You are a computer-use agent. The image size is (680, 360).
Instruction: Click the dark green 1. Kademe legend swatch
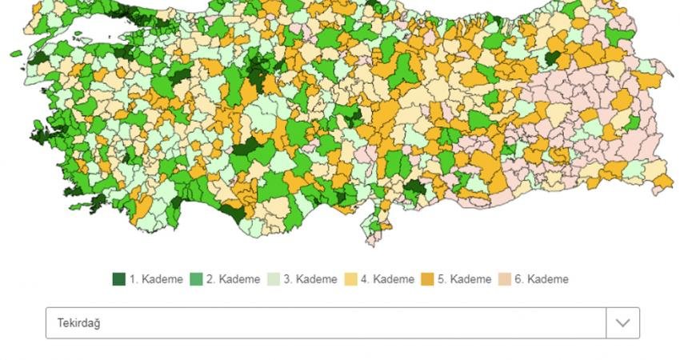[119, 279]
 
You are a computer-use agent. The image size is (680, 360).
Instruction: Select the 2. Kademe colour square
[196, 279]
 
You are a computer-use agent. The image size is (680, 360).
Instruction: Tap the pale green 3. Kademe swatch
[273, 279]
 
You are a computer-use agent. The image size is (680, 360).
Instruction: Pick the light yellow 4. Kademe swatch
[350, 279]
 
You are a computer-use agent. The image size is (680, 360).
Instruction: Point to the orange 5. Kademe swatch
[427, 279]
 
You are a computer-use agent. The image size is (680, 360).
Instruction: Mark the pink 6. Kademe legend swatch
[504, 279]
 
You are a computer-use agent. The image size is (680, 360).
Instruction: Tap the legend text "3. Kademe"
[310, 279]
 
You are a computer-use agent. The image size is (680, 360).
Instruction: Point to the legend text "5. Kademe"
[465, 279]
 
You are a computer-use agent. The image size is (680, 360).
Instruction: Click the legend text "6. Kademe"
[542, 279]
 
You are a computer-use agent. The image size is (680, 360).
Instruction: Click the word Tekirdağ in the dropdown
[78, 323]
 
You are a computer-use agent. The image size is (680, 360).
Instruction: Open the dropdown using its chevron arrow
[622, 323]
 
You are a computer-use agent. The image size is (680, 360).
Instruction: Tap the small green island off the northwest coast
[17, 54]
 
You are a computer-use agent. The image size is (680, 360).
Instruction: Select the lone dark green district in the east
[553, 58]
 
